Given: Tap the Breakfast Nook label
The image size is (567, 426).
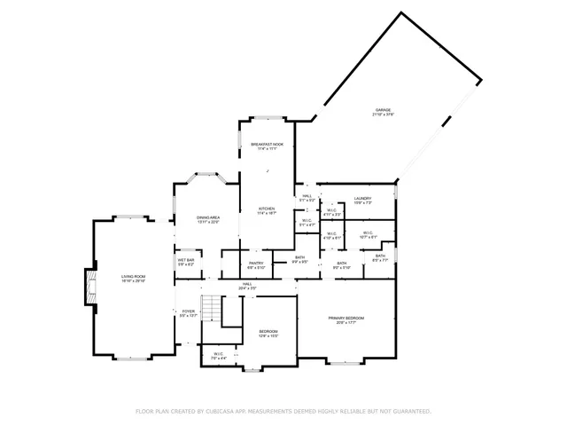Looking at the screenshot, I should (x=267, y=146).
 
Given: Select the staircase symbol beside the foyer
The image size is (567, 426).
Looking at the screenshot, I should (x=211, y=309).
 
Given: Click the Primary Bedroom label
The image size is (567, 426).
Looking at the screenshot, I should (x=346, y=319).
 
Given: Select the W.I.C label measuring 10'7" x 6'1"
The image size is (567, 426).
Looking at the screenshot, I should (x=369, y=235).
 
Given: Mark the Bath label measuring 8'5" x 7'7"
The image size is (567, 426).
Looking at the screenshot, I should (x=379, y=257).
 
